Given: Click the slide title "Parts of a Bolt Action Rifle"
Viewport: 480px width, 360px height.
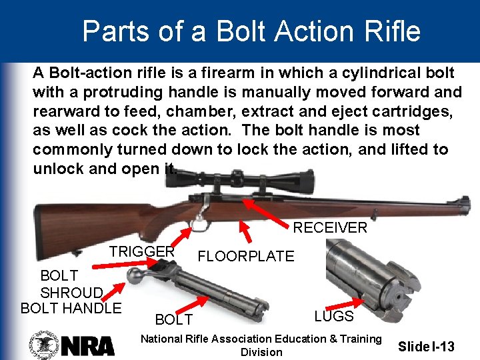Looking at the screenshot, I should tap(251, 31).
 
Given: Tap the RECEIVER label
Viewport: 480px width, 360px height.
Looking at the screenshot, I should tap(330, 228).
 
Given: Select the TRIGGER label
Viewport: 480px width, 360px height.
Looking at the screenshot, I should tap(142, 251).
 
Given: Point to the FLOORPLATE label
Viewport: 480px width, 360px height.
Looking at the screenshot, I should tap(246, 256).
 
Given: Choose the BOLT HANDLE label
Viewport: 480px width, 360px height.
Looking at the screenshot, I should tap(71, 308).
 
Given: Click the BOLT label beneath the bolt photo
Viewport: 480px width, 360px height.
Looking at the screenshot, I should tap(174, 321).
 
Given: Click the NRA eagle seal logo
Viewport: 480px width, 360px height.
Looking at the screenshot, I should tap(44, 345).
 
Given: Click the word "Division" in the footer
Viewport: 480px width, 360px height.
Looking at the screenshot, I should tap(261, 352).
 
